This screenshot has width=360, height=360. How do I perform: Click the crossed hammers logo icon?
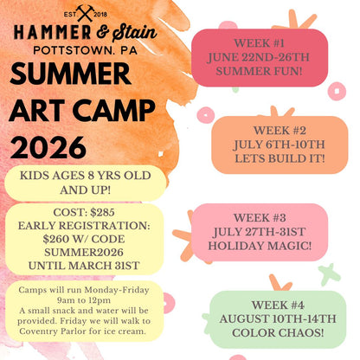coord(84,12)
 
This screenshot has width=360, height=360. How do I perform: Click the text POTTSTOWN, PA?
coord(85,49)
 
